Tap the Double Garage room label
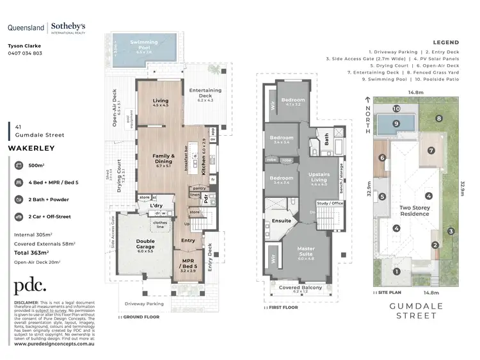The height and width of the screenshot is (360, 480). pyautogui.click(x=145, y=244)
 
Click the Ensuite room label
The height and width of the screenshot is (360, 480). pyautogui.click(x=282, y=221)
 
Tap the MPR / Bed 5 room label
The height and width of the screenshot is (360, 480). pyautogui.click(x=188, y=264)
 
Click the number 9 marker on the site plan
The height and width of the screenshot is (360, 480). pyautogui.click(x=396, y=123)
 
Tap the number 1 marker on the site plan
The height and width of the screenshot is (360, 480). pyautogui.click(x=396, y=272)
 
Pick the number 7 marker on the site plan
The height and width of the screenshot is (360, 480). pyautogui.click(x=431, y=151)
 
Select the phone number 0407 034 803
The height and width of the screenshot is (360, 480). pyautogui.click(x=25, y=53)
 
